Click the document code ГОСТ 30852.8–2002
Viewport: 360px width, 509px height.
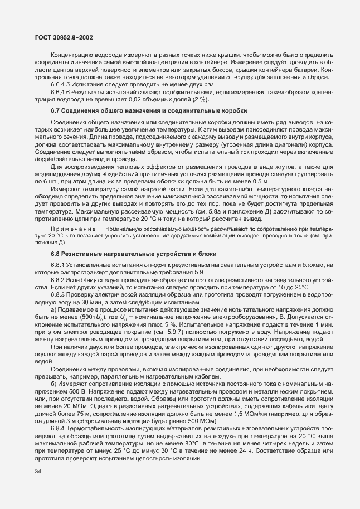(60, 37)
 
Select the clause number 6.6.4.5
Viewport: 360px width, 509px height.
(60, 84)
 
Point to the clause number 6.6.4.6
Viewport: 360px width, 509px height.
(60, 91)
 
